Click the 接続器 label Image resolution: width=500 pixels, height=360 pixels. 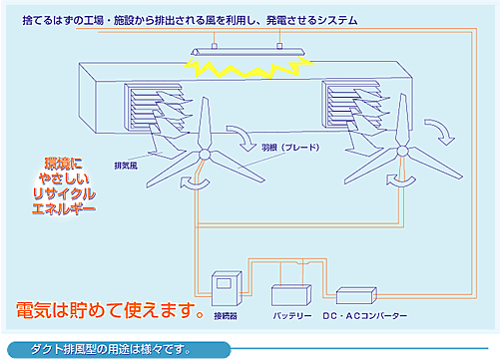pos(226,316)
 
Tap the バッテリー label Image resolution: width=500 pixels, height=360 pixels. pos(292,316)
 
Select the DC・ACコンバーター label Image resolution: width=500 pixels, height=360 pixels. pos(365,316)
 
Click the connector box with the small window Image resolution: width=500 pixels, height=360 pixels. pos(227,288)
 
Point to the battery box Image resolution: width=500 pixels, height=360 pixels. pos(291,294)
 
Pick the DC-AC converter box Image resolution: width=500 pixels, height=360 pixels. pos(356,295)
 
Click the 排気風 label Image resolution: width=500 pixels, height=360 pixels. pos(126,166)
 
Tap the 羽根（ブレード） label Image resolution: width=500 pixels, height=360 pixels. pos(290,148)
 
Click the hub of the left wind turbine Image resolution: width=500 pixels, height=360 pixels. pos(204,155)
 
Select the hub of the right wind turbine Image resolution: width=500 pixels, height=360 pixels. pos(402,152)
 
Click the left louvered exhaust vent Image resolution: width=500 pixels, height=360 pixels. pos(154,107)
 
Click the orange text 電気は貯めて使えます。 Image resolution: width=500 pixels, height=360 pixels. pos(110,310)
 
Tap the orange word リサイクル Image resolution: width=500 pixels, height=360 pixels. pos(64,193)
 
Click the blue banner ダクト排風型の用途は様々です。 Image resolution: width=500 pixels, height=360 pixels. pos(119,349)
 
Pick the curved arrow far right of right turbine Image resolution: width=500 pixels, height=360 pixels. pos(441,132)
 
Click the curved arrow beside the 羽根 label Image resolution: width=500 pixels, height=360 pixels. pos(243,138)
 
